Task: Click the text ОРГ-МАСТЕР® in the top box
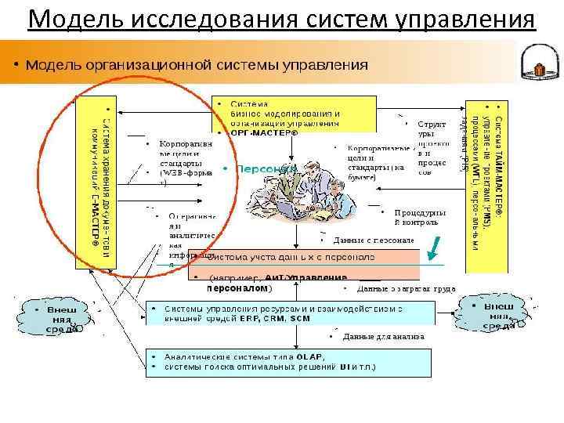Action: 266,132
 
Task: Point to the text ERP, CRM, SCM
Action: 266,319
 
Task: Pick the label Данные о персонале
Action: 373,240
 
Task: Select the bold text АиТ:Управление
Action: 305,277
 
